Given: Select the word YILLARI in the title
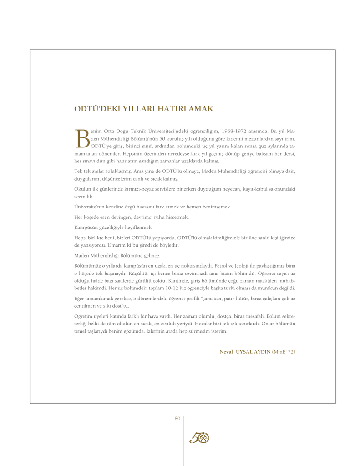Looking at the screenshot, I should pyautogui.click(x=137, y=109).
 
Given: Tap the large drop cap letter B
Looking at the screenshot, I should pyautogui.click(x=82, y=138).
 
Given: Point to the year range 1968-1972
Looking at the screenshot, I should pyautogui.click(x=241, y=131).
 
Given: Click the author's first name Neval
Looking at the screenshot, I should pyautogui.click(x=226, y=352).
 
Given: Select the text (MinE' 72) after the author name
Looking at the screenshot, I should pyautogui.click(x=284, y=352).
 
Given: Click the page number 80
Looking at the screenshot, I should pyautogui.click(x=177, y=419).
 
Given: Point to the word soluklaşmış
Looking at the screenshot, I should pyautogui.click(x=113, y=171).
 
